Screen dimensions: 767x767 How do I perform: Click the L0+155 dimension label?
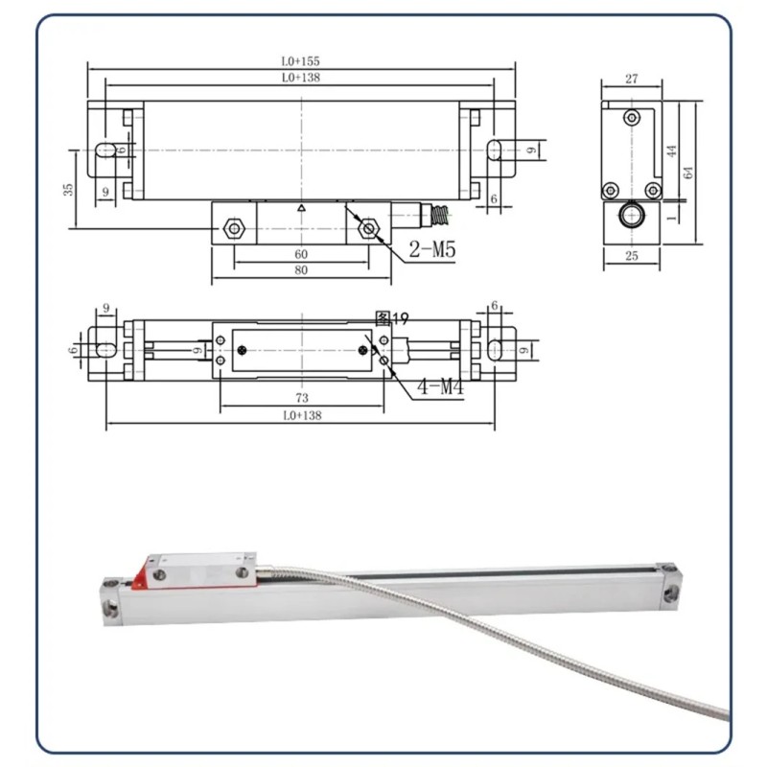300,61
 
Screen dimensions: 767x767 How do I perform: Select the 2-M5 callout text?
432,250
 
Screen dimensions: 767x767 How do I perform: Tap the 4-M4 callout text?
440,387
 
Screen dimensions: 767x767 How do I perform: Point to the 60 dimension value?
301,254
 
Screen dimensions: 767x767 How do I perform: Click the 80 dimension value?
301,270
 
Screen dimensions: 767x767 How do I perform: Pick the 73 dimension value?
302,398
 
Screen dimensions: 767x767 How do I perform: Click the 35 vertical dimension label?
68,189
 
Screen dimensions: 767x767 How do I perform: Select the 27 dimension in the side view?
632,79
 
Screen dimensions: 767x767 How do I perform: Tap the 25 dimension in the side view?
632,256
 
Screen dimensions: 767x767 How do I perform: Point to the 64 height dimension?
687,173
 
